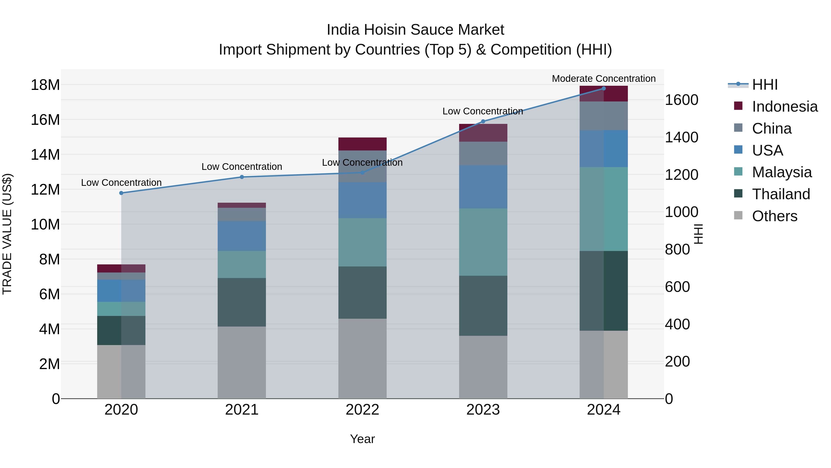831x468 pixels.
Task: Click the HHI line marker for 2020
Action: pyautogui.click(x=121, y=193)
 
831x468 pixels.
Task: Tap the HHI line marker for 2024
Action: pyautogui.click(x=604, y=89)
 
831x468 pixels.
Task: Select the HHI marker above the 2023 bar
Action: pyautogui.click(x=483, y=121)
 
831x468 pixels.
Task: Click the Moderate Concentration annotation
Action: pyautogui.click(x=604, y=79)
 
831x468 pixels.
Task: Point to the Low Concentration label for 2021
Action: pyautogui.click(x=242, y=167)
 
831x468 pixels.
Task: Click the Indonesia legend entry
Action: pyautogui.click(x=785, y=107)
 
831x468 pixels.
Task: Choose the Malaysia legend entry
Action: pyautogui.click(x=782, y=172)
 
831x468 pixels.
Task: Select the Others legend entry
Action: pyautogui.click(x=774, y=216)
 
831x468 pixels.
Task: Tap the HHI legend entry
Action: pyautogui.click(x=765, y=85)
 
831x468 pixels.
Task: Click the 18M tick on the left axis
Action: pyautogui.click(x=45, y=85)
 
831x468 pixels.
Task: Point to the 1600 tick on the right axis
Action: pyautogui.click(x=681, y=100)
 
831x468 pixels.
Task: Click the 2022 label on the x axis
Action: pyautogui.click(x=362, y=410)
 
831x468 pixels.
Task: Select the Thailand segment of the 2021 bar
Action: pyautogui.click(x=242, y=302)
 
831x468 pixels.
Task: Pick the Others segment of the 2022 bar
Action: pyautogui.click(x=362, y=358)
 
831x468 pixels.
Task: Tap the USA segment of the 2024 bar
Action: pyautogui.click(x=604, y=149)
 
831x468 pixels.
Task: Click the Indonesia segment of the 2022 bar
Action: pyautogui.click(x=362, y=144)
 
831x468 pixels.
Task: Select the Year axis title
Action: pyautogui.click(x=362, y=439)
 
